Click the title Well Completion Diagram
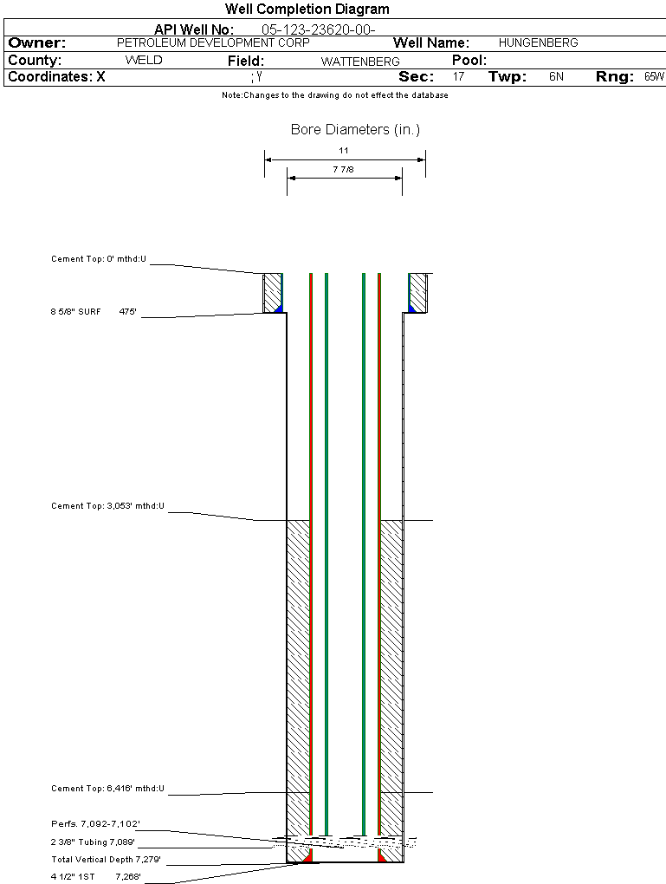(x=307, y=10)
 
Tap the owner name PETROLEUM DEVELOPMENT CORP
(x=212, y=42)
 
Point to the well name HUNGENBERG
(x=533, y=42)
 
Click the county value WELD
(x=144, y=61)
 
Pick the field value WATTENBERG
(x=360, y=62)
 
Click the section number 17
(x=458, y=77)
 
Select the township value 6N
(x=556, y=77)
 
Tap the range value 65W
(x=654, y=77)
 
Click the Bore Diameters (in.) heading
(x=355, y=130)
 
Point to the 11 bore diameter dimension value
(x=344, y=151)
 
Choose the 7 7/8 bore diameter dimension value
(x=343, y=170)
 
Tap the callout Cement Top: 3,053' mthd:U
(x=107, y=505)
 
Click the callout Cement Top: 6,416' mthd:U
(x=107, y=789)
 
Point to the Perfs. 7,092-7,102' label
(x=95, y=823)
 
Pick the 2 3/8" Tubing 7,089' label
(x=93, y=842)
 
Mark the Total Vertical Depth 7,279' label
(x=106, y=860)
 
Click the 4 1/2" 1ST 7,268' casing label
(x=95, y=877)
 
